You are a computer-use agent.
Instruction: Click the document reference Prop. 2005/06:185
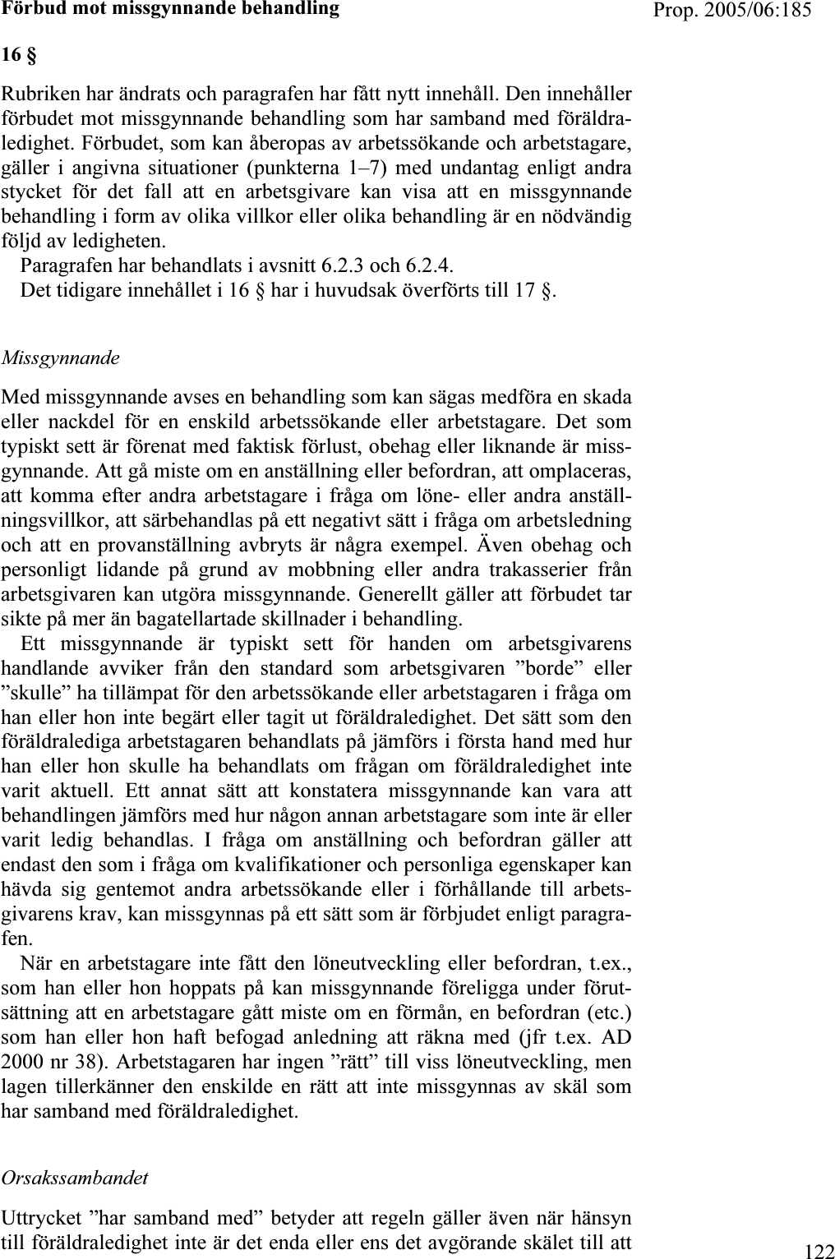pos(745,10)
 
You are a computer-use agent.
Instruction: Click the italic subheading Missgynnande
pos(61,358)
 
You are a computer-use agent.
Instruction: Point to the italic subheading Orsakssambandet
pos(75,1177)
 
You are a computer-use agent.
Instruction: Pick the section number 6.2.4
pos(428,266)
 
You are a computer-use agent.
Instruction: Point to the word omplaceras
pos(583,472)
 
